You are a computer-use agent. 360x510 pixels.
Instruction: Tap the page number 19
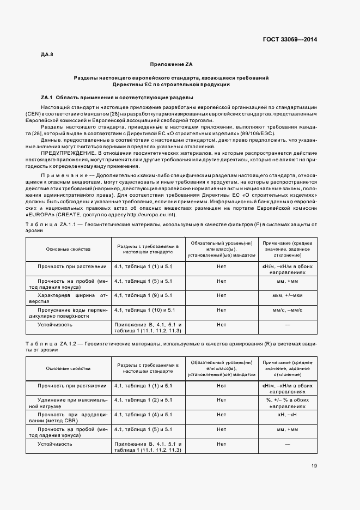click(314, 465)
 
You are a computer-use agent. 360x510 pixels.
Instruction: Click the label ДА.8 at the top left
click(47, 54)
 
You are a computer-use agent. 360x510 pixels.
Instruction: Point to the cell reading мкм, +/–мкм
click(287, 295)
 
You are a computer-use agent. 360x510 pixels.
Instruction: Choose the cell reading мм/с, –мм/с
click(287, 309)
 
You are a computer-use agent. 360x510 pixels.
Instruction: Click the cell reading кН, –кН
click(287, 415)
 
